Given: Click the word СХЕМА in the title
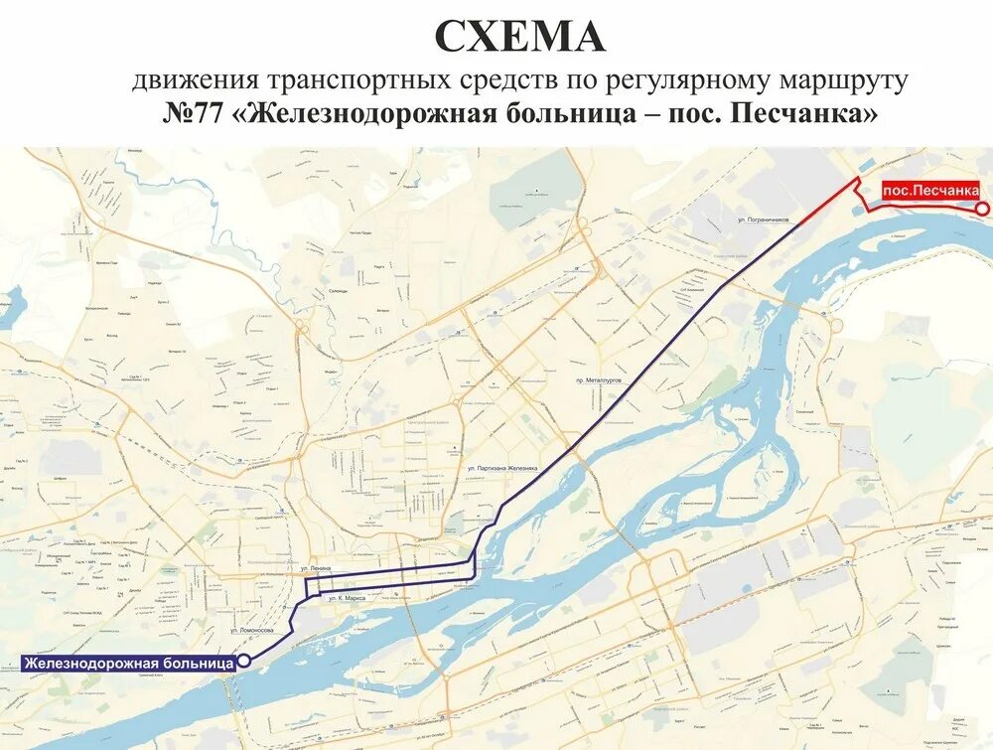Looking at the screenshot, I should point(519,38).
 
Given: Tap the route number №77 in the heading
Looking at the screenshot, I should point(195,113).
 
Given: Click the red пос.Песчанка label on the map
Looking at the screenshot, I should point(930,190).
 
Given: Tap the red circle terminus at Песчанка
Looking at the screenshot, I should point(981,208).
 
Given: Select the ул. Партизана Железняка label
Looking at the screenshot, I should point(501,466).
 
